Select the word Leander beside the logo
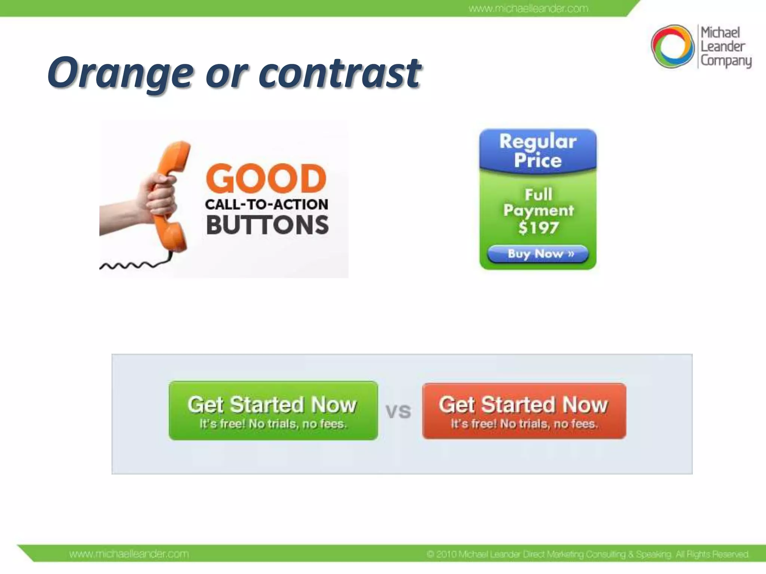coord(722,47)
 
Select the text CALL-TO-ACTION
coord(266,204)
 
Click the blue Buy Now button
coord(537,254)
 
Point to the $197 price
coord(539,228)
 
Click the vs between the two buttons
coord(398,412)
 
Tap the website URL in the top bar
coord(528,9)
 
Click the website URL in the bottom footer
coord(129,554)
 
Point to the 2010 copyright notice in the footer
coord(587,554)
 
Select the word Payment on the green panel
coord(539,210)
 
